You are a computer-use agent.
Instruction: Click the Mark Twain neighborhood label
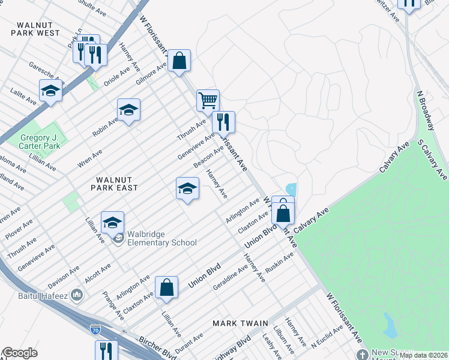coord(240,323)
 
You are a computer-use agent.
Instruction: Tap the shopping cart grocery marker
coord(208,101)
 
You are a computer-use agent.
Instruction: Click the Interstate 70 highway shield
coord(95,329)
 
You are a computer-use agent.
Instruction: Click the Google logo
coord(20,353)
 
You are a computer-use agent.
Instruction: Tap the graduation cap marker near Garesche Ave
coord(51,91)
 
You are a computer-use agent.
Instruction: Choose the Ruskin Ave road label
coord(280,263)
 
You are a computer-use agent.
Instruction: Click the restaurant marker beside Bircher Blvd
coord(106,350)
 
